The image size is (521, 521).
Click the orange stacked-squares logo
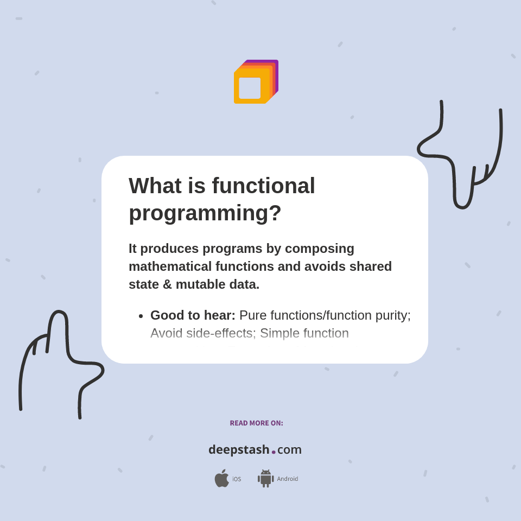coord(256,81)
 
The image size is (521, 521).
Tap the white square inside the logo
coord(250,88)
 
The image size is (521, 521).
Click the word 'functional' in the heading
coord(263,186)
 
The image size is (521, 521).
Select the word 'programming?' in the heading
coord(205,213)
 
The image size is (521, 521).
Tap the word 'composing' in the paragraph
coord(320,249)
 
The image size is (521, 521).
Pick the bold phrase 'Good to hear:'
coord(193,315)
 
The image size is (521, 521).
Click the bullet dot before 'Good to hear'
coord(141,316)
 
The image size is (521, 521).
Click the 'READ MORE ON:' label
coord(256,423)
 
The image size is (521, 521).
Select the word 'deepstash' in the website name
coord(239,450)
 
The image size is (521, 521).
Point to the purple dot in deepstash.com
coord(274,452)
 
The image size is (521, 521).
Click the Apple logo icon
coord(221,478)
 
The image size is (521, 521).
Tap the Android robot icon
coord(265,478)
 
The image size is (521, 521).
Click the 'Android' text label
coord(288,479)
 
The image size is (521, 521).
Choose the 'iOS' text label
coord(237,479)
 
